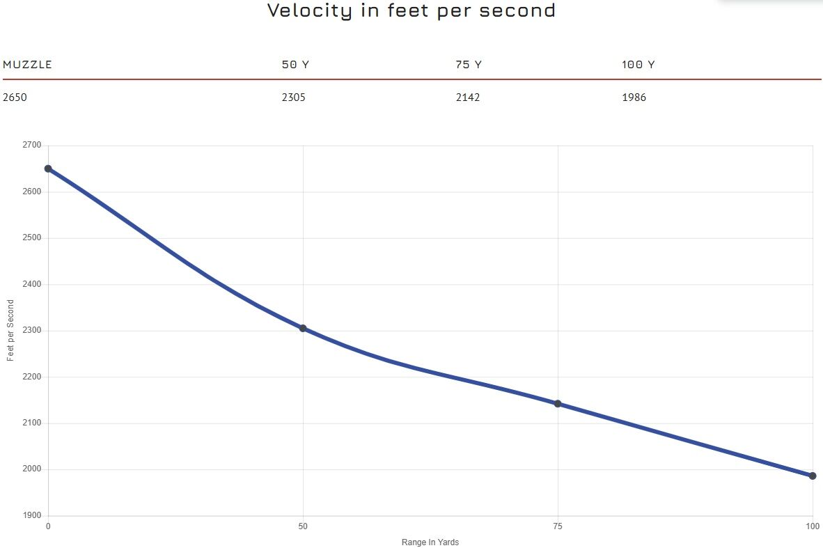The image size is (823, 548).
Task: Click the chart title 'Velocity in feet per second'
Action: click(411, 11)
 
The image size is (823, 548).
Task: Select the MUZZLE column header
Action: click(27, 65)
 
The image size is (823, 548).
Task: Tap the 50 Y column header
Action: click(295, 65)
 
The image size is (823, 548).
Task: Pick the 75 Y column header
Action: click(469, 65)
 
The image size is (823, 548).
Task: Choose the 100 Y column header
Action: click(638, 65)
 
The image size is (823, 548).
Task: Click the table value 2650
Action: click(15, 97)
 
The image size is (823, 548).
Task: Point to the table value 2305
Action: click(293, 97)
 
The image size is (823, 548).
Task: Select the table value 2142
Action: click(468, 97)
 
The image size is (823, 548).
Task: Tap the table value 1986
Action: click(634, 97)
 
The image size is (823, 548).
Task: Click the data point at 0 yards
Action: click(48, 169)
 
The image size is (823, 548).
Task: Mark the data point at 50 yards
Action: click(303, 328)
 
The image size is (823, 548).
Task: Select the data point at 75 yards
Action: click(558, 404)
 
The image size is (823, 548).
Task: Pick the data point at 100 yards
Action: click(813, 476)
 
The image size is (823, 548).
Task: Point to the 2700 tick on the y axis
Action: click(31, 146)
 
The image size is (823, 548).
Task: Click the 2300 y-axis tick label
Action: click(31, 331)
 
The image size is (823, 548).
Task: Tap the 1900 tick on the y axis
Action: click(31, 515)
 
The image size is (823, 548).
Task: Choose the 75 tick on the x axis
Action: click(558, 526)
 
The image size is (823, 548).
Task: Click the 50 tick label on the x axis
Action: click(303, 526)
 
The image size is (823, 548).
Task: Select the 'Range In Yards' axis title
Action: click(430, 542)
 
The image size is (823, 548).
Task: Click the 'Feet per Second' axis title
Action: click(10, 330)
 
